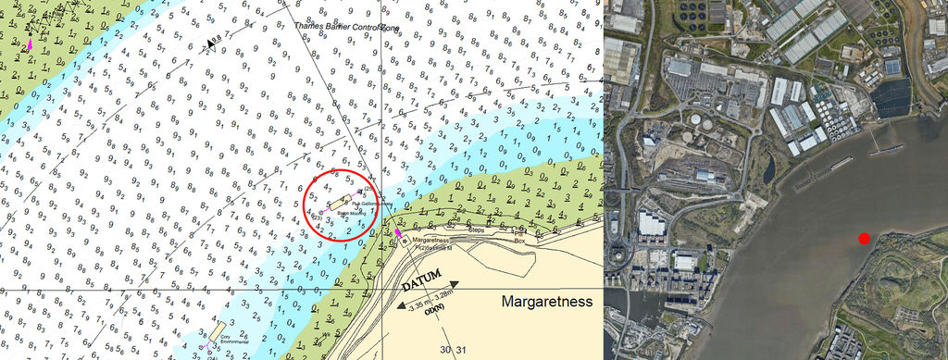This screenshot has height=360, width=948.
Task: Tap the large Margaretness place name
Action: point(546,302)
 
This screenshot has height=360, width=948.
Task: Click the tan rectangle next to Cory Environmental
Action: point(217,330)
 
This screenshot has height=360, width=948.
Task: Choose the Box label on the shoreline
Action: point(519,239)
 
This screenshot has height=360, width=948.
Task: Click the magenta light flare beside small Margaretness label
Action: point(399,234)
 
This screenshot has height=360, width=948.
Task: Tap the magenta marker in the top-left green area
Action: point(31,43)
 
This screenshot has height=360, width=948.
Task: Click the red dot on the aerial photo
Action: point(864,239)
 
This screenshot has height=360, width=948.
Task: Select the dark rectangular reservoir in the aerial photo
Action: point(891,97)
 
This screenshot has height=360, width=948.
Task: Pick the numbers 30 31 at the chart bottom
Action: point(451,349)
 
